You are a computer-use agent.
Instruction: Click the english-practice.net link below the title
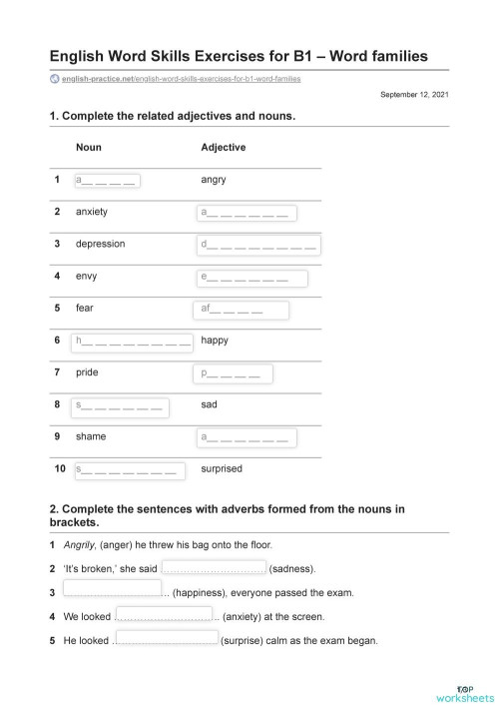(180, 78)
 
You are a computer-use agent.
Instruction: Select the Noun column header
(88, 147)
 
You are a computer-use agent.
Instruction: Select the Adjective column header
(223, 147)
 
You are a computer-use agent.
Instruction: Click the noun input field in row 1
(105, 180)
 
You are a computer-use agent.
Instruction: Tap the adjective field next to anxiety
(247, 212)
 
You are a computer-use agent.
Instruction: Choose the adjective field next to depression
(259, 245)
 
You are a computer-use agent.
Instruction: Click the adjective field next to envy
(247, 277)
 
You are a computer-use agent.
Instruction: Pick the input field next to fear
(240, 310)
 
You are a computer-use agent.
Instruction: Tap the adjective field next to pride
(232, 373)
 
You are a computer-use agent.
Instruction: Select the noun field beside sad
(120, 405)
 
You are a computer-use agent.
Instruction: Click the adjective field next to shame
(247, 437)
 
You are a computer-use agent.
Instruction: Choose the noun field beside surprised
(127, 468)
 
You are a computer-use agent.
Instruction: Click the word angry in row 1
(214, 180)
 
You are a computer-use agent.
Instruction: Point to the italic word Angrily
(78, 545)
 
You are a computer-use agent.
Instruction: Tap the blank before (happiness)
(112, 590)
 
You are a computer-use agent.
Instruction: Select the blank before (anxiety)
(164, 615)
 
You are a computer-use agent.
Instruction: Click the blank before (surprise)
(166, 638)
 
